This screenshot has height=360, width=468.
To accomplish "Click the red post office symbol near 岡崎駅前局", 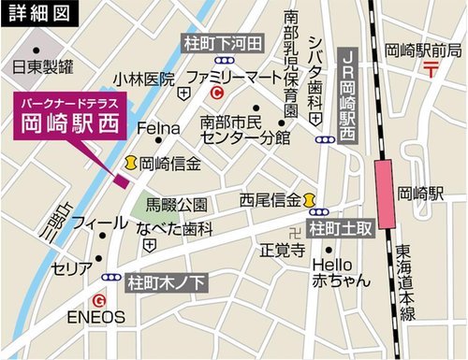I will tap(430, 68).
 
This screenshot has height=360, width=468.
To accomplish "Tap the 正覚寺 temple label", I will tap(282, 250).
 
